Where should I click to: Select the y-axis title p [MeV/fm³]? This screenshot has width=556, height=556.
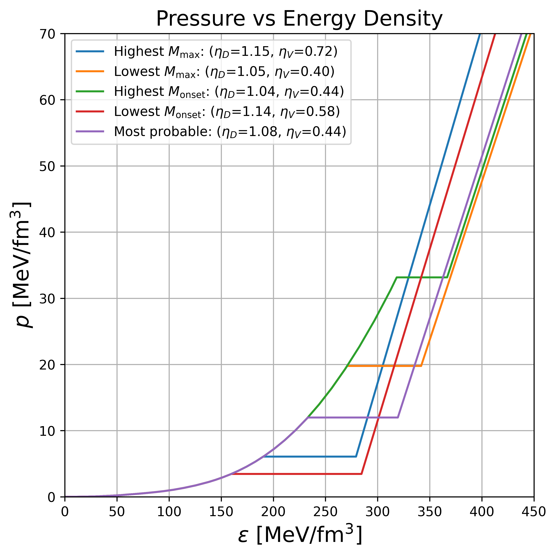pos(22,265)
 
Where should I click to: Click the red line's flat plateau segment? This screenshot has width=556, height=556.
pos(296,474)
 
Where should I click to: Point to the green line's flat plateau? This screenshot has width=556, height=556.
pos(422,277)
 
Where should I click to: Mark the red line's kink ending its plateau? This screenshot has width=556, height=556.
pos(361,474)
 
